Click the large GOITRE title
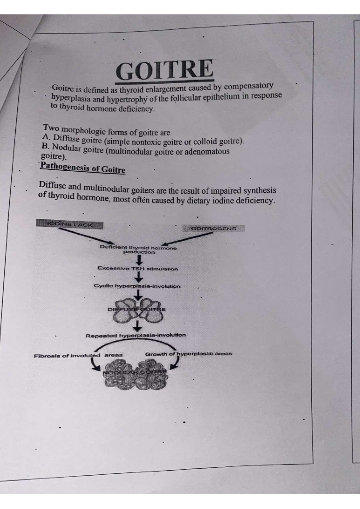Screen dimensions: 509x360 tap(164, 69)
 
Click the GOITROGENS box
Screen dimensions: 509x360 tap(214, 229)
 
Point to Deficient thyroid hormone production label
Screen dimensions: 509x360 tap(138, 250)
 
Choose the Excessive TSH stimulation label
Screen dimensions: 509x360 tap(138, 269)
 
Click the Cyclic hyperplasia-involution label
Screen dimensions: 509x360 tap(137, 286)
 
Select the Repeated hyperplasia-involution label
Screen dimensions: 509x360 tap(136, 335)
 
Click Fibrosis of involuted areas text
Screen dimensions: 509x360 tap(78, 356)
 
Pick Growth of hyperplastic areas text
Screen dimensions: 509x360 tap(188, 354)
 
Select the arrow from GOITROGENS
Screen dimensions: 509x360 tap(187, 238)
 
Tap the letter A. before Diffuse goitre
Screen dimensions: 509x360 tap(46, 137)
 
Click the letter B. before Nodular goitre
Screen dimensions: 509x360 tap(46, 147)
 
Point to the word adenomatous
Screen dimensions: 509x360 tap(207, 151)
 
